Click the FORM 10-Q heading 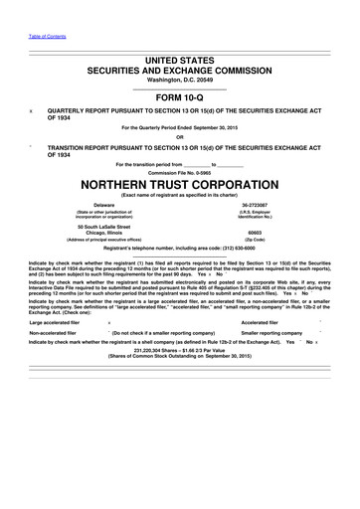(179, 97)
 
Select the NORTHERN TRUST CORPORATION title (179, 184)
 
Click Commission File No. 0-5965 (179, 171)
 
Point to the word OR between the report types (179, 137)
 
